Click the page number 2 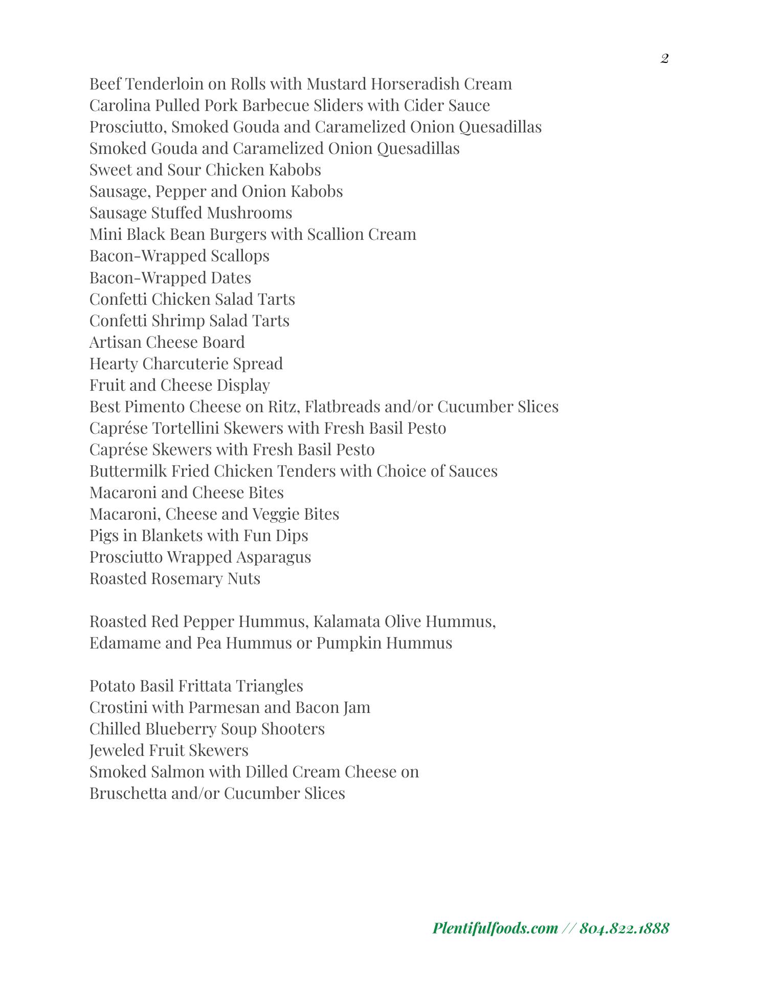[664, 59]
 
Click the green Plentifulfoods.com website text [495, 928]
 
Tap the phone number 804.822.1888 [624, 928]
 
